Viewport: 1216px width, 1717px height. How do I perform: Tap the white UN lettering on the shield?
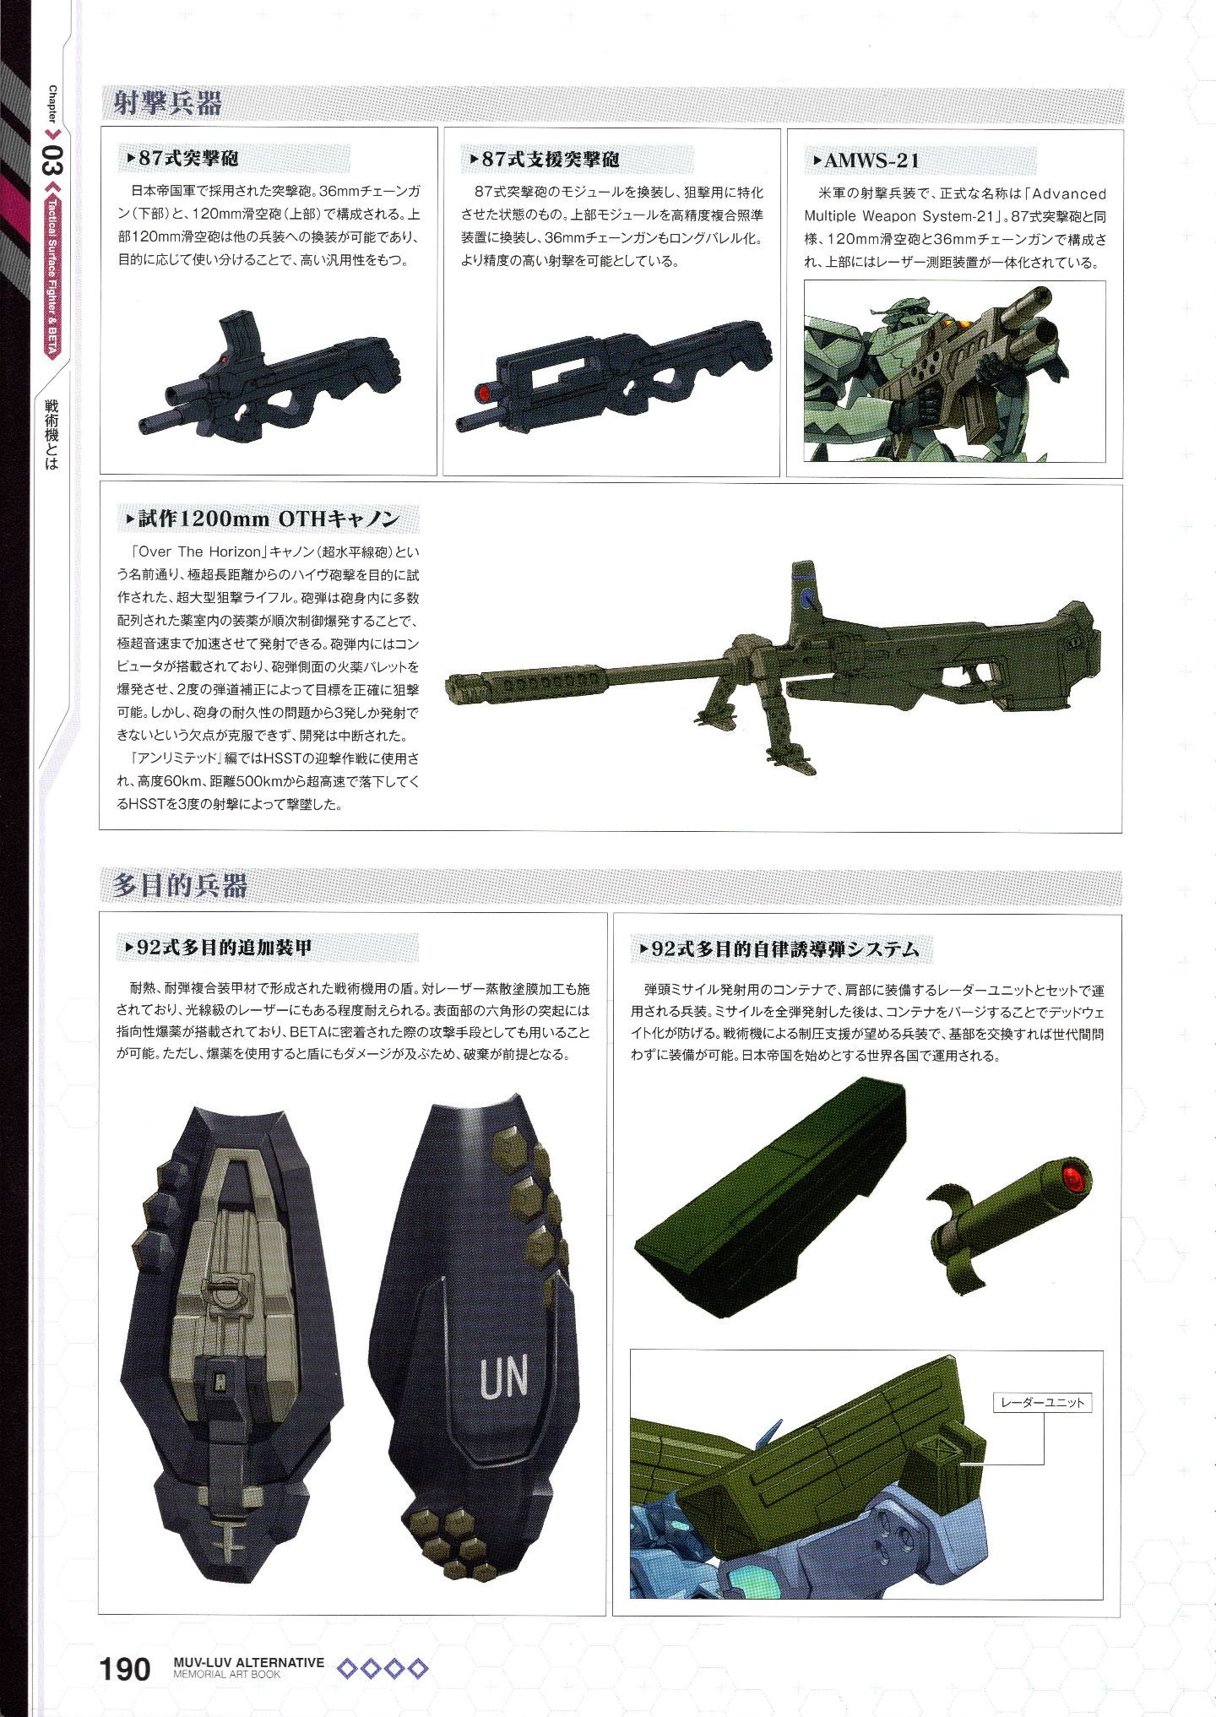tap(503, 1375)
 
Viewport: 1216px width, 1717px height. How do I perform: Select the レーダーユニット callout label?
tap(1041, 1403)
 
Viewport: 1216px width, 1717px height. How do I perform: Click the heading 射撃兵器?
tap(169, 104)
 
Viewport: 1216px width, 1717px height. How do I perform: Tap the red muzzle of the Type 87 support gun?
tap(485, 393)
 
